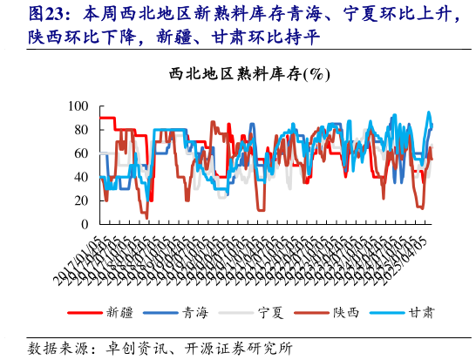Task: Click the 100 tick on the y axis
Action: pos(79,106)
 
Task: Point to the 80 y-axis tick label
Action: pos(82,130)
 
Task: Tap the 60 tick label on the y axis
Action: pos(82,153)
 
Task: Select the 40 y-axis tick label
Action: pos(82,177)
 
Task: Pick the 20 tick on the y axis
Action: pos(82,200)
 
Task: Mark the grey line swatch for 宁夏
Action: pos(235,311)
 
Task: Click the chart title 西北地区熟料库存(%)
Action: pos(250,76)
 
